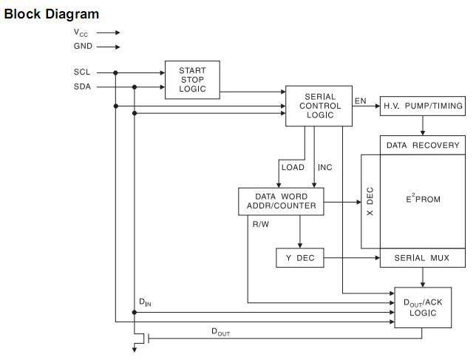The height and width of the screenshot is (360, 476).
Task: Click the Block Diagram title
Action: (51, 14)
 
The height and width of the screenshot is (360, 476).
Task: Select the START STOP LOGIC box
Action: (192, 80)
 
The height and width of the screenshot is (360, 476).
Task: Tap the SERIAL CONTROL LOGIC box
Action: (319, 106)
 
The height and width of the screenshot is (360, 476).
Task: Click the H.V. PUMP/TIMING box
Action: (423, 106)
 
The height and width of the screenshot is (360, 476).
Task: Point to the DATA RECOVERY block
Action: (423, 145)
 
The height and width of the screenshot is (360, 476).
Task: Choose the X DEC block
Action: (370, 201)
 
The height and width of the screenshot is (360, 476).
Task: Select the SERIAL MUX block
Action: (423, 258)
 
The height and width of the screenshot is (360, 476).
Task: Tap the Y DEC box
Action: (299, 258)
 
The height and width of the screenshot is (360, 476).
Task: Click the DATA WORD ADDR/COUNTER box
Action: (281, 201)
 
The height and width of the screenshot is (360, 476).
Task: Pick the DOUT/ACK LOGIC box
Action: (423, 308)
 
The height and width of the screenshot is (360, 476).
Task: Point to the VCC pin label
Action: (81, 33)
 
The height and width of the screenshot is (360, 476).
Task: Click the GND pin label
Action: (83, 47)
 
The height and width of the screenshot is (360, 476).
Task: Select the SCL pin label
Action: (82, 72)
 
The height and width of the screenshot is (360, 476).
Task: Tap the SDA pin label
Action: (82, 86)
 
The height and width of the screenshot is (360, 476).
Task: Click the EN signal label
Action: (361, 101)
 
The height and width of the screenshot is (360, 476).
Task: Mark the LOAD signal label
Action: (293, 167)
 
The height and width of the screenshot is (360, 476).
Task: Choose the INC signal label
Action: (325, 167)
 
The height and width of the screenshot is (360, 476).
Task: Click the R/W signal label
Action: (261, 223)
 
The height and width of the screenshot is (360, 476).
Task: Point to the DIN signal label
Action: (146, 302)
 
